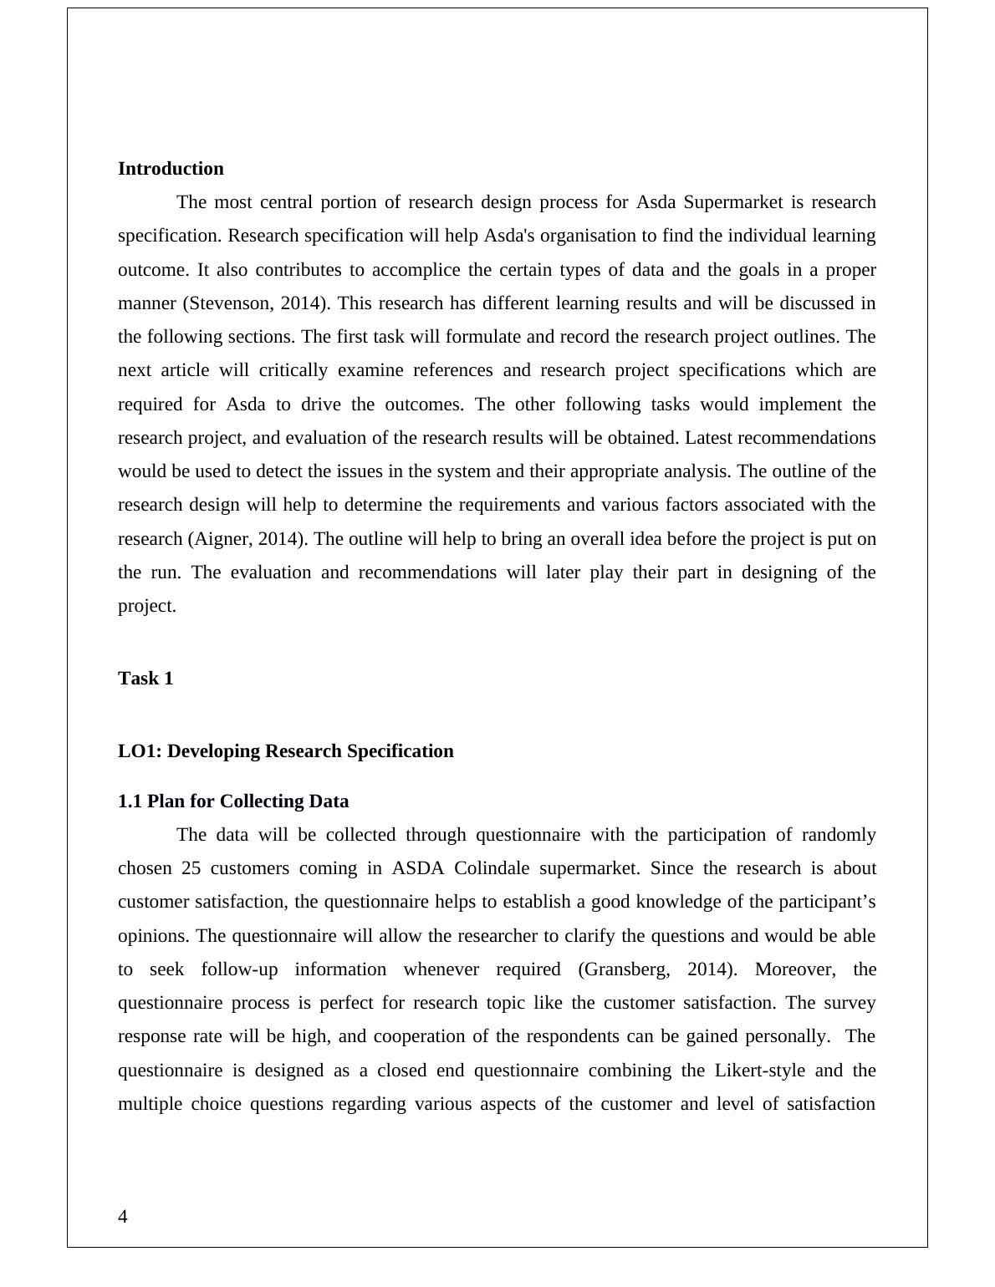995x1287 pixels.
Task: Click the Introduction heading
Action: tap(171, 169)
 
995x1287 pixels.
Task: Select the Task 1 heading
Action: tap(145, 679)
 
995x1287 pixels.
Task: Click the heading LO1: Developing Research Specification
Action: tap(285, 751)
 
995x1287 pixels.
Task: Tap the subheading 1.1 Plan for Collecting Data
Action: tap(233, 801)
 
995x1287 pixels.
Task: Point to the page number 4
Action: tap(123, 1217)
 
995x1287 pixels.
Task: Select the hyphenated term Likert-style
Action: tap(759, 1071)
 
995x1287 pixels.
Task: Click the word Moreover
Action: tap(793, 969)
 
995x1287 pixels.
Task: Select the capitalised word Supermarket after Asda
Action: tap(733, 202)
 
